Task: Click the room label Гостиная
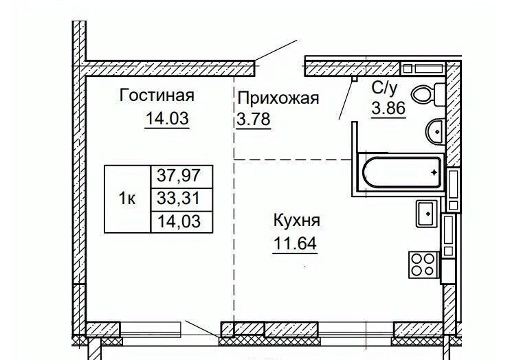pyautogui.click(x=157, y=95)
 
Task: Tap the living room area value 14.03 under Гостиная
pyautogui.click(x=166, y=119)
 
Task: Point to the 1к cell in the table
pyautogui.click(x=127, y=199)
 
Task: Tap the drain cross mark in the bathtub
pyautogui.click(x=433, y=174)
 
